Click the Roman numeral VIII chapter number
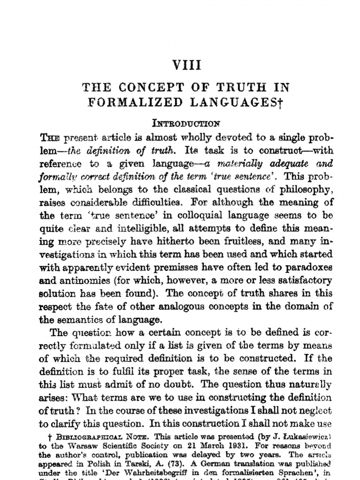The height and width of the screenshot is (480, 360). point(187,65)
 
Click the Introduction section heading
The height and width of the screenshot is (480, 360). point(186,124)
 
